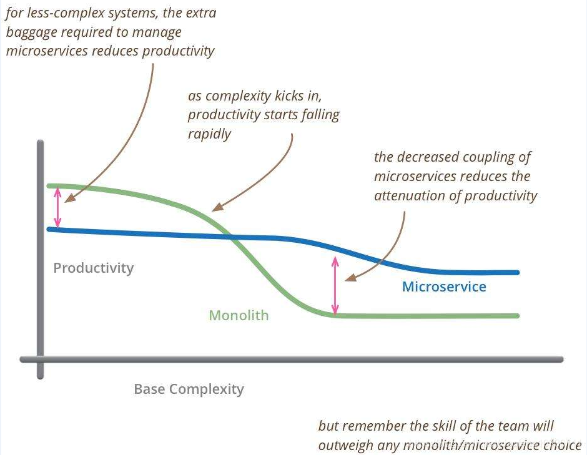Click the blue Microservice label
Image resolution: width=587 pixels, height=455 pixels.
point(444,286)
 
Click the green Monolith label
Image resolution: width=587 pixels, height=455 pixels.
point(239,315)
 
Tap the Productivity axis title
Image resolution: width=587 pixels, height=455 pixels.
point(93,268)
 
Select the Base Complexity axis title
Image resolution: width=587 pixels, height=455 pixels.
point(189,389)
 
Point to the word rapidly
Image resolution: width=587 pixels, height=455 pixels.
point(209,134)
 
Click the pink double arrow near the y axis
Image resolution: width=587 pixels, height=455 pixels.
point(57,207)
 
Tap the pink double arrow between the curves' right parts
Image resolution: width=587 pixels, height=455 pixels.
point(335,285)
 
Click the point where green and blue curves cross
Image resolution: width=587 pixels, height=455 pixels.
point(229,237)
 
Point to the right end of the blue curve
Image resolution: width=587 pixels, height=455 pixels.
point(517,272)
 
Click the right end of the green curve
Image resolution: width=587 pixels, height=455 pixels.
point(517,316)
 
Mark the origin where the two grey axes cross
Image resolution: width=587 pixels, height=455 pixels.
point(41,360)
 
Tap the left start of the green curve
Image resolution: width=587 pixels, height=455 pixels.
point(49,185)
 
